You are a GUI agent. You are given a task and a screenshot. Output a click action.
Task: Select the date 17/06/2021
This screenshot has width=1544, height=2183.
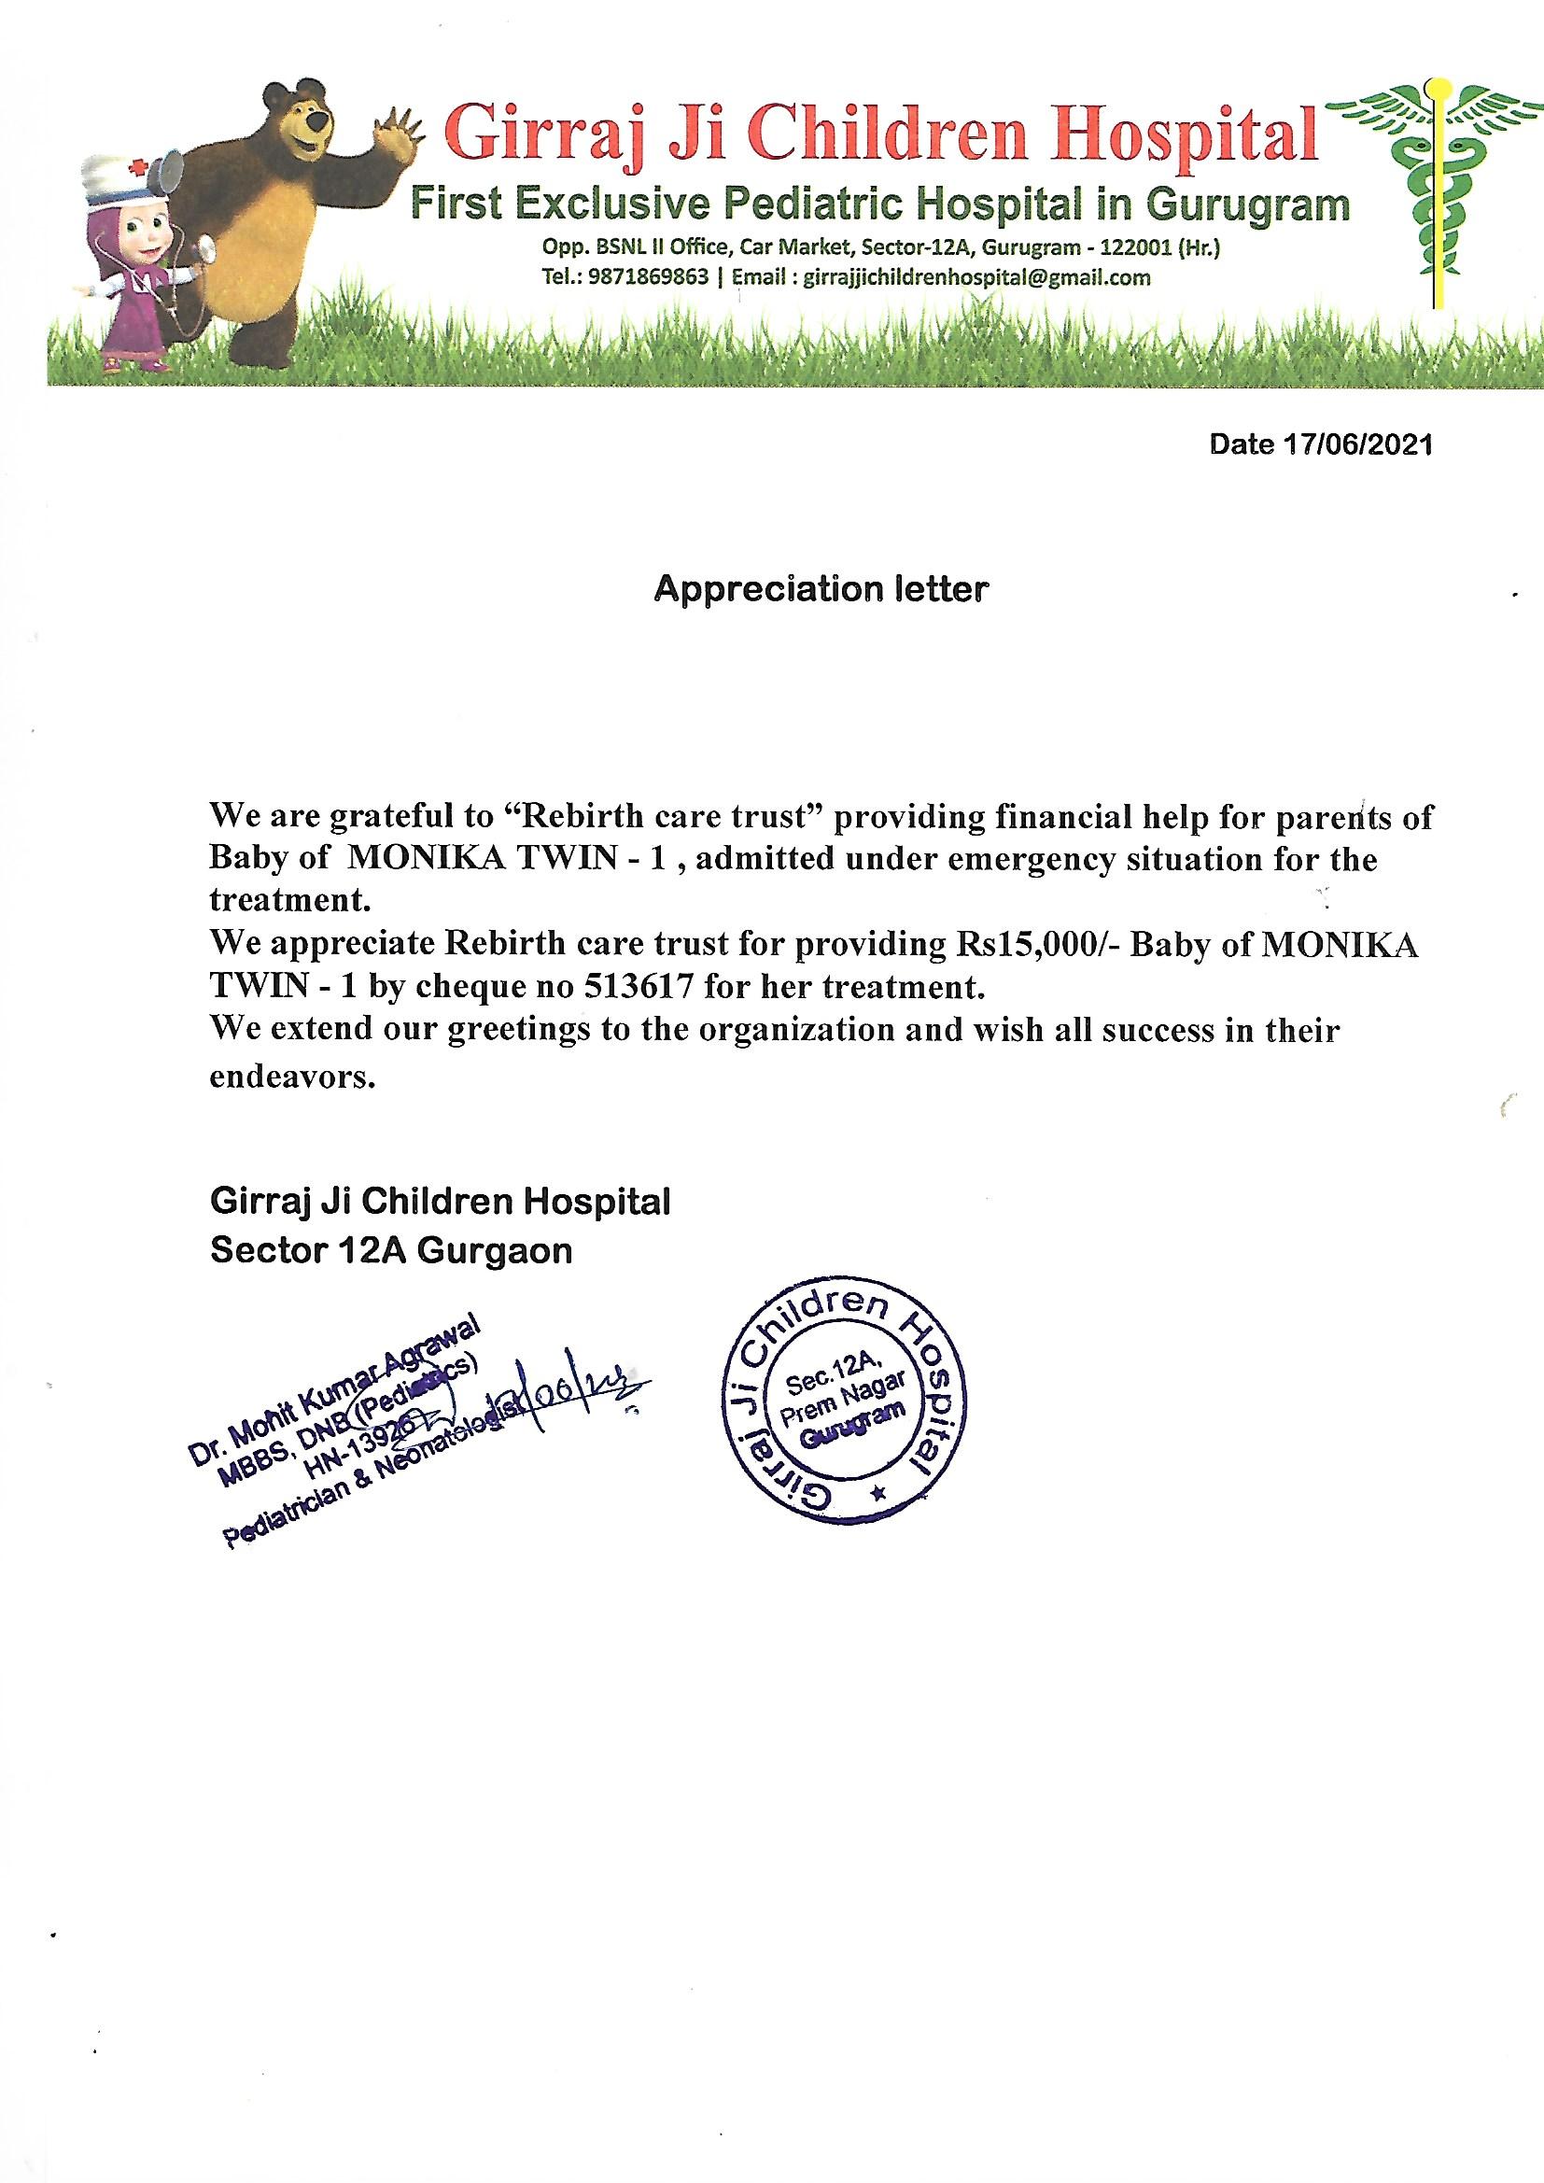[1356, 446]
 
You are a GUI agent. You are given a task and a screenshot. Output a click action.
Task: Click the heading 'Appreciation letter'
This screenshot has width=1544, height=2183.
[821, 589]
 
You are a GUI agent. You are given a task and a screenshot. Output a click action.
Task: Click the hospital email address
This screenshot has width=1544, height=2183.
[976, 278]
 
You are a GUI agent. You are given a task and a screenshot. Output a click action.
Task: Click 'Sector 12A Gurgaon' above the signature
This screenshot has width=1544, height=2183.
[391, 1250]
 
